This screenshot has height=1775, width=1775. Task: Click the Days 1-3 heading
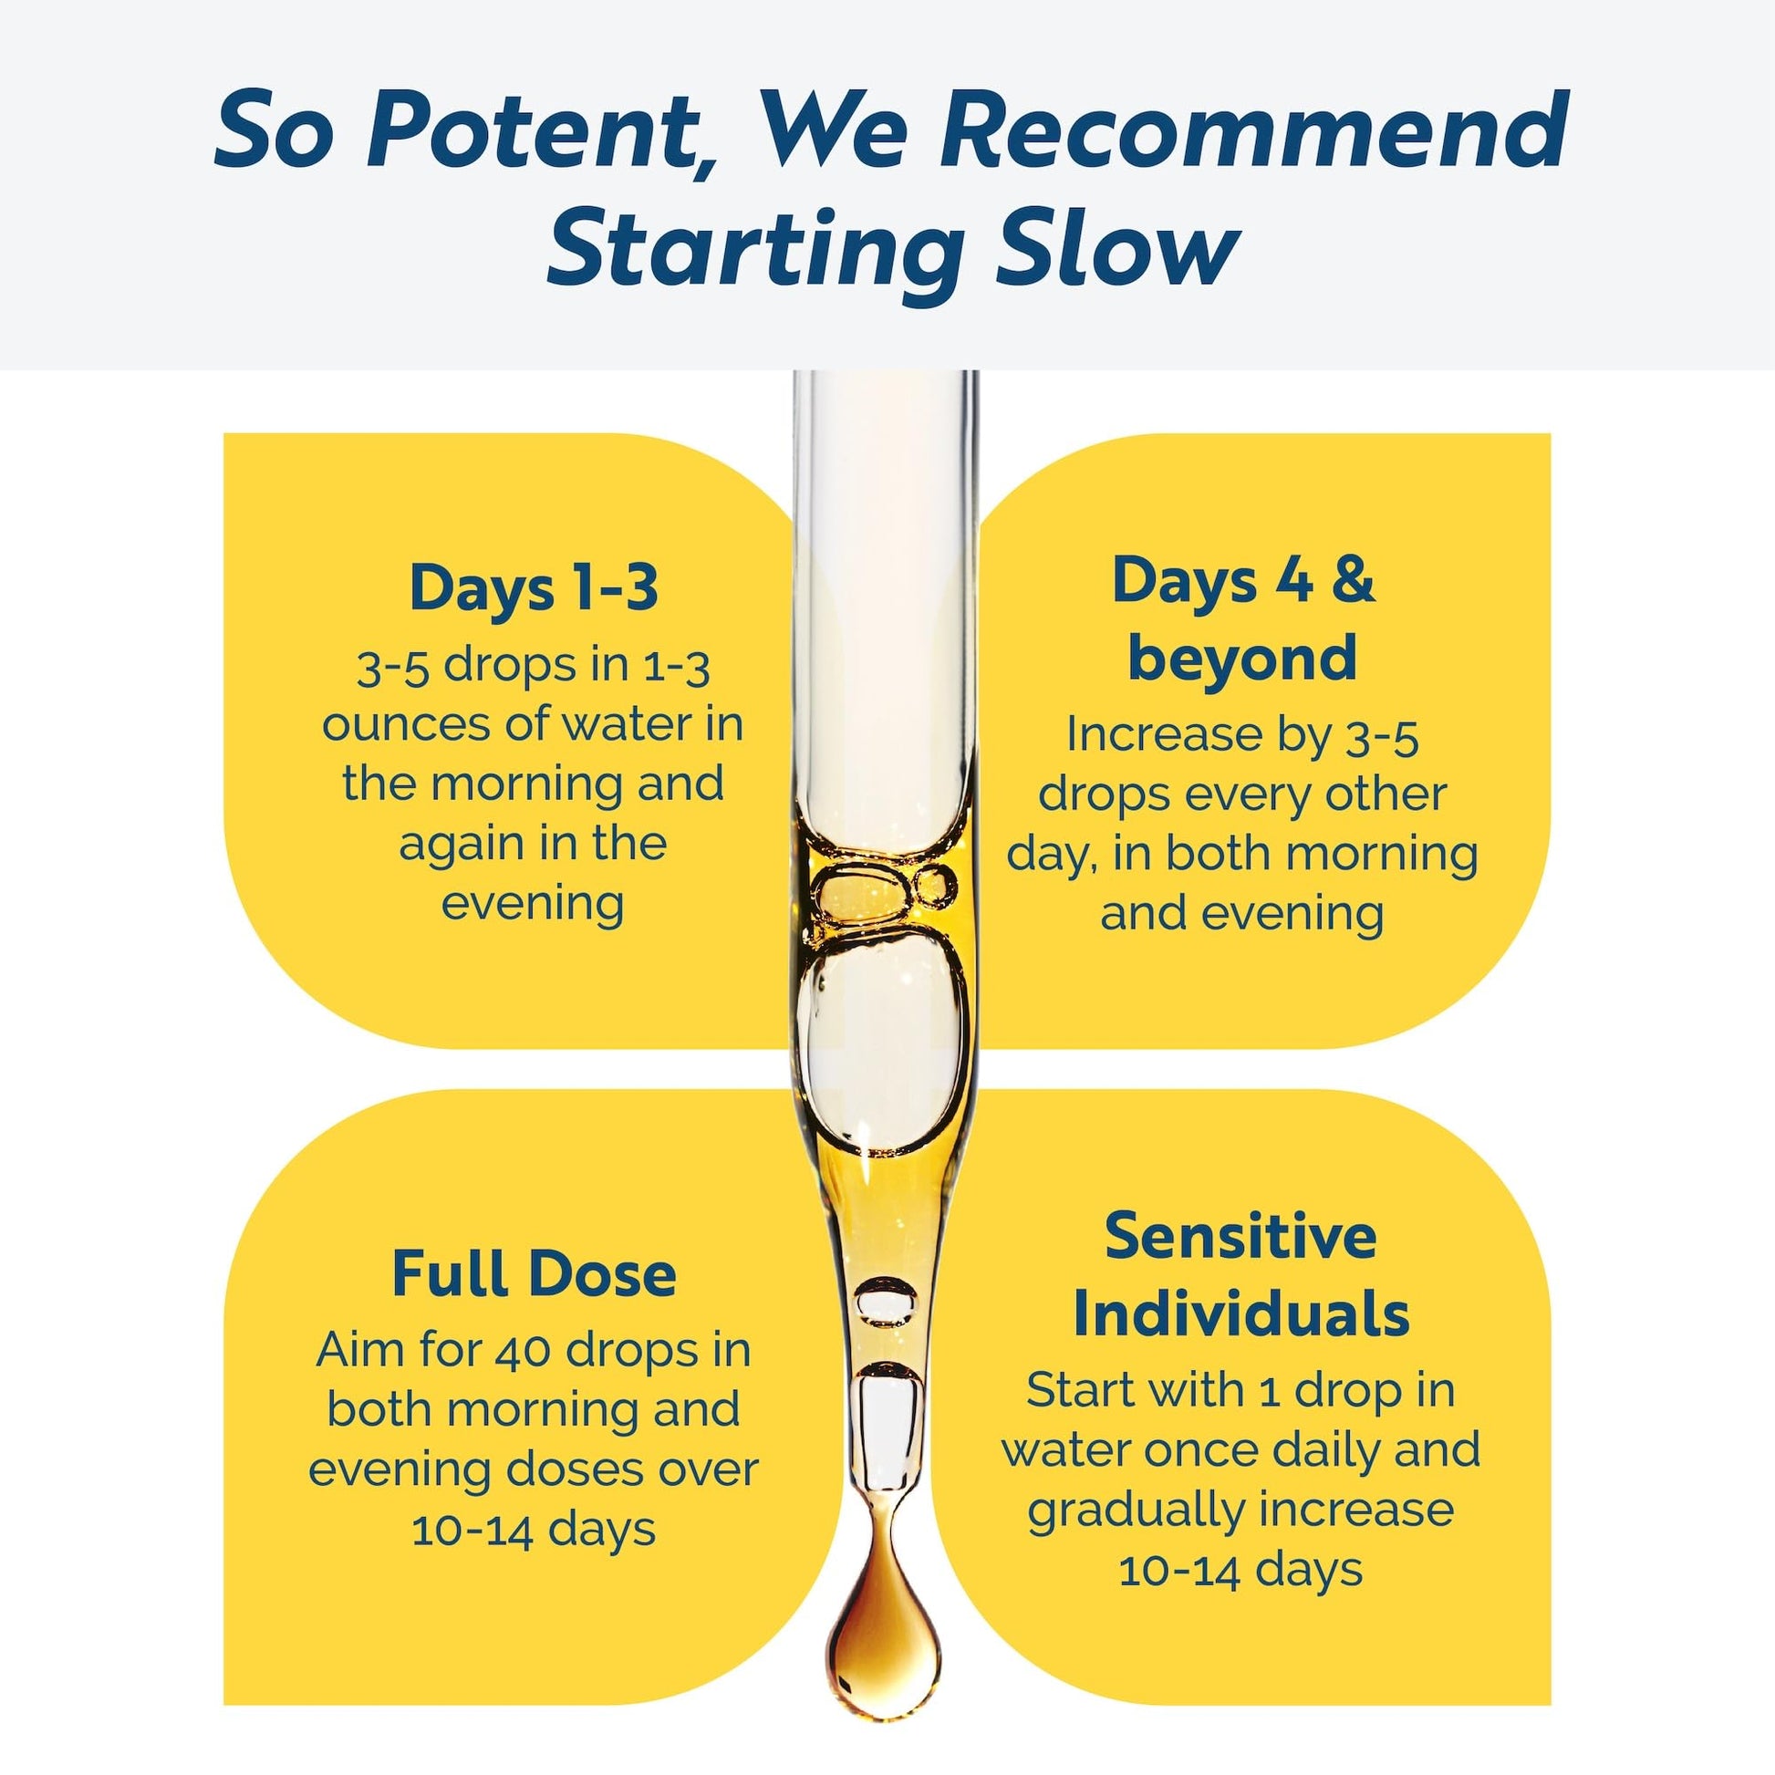[x=534, y=587]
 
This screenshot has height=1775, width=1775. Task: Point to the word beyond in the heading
[x=1242, y=657]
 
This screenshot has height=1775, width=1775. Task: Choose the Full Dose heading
[x=534, y=1273]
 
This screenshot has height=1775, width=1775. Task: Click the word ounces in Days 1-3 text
[x=407, y=725]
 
